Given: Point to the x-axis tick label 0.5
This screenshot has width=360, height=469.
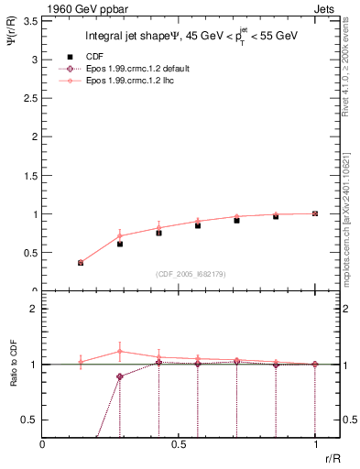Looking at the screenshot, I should click(x=179, y=443).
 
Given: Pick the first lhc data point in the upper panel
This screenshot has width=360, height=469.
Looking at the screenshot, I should click(x=81, y=262).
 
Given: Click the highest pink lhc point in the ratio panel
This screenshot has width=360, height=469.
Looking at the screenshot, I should click(x=120, y=351).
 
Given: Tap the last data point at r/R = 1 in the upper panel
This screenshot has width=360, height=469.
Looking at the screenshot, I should click(x=315, y=213).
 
